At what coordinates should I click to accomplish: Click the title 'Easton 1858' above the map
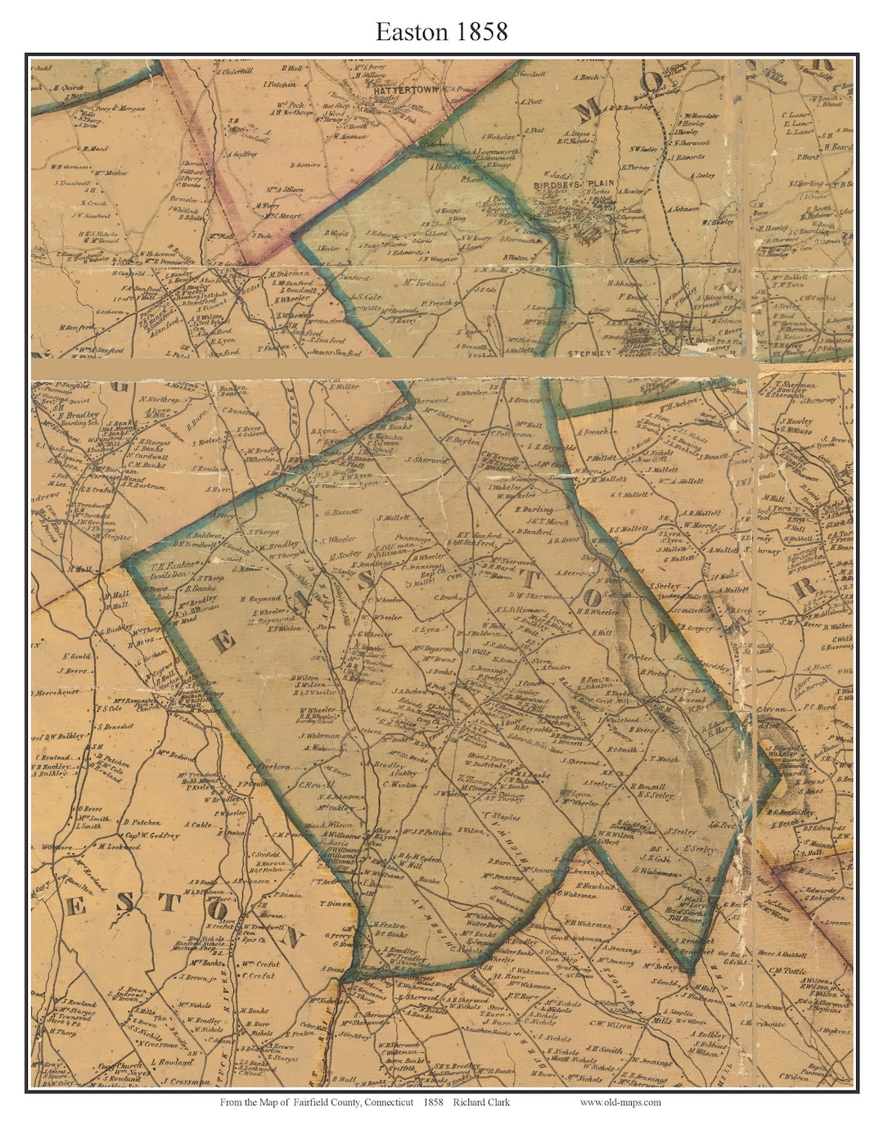442,31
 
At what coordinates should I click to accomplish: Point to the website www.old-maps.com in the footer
620,1102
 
